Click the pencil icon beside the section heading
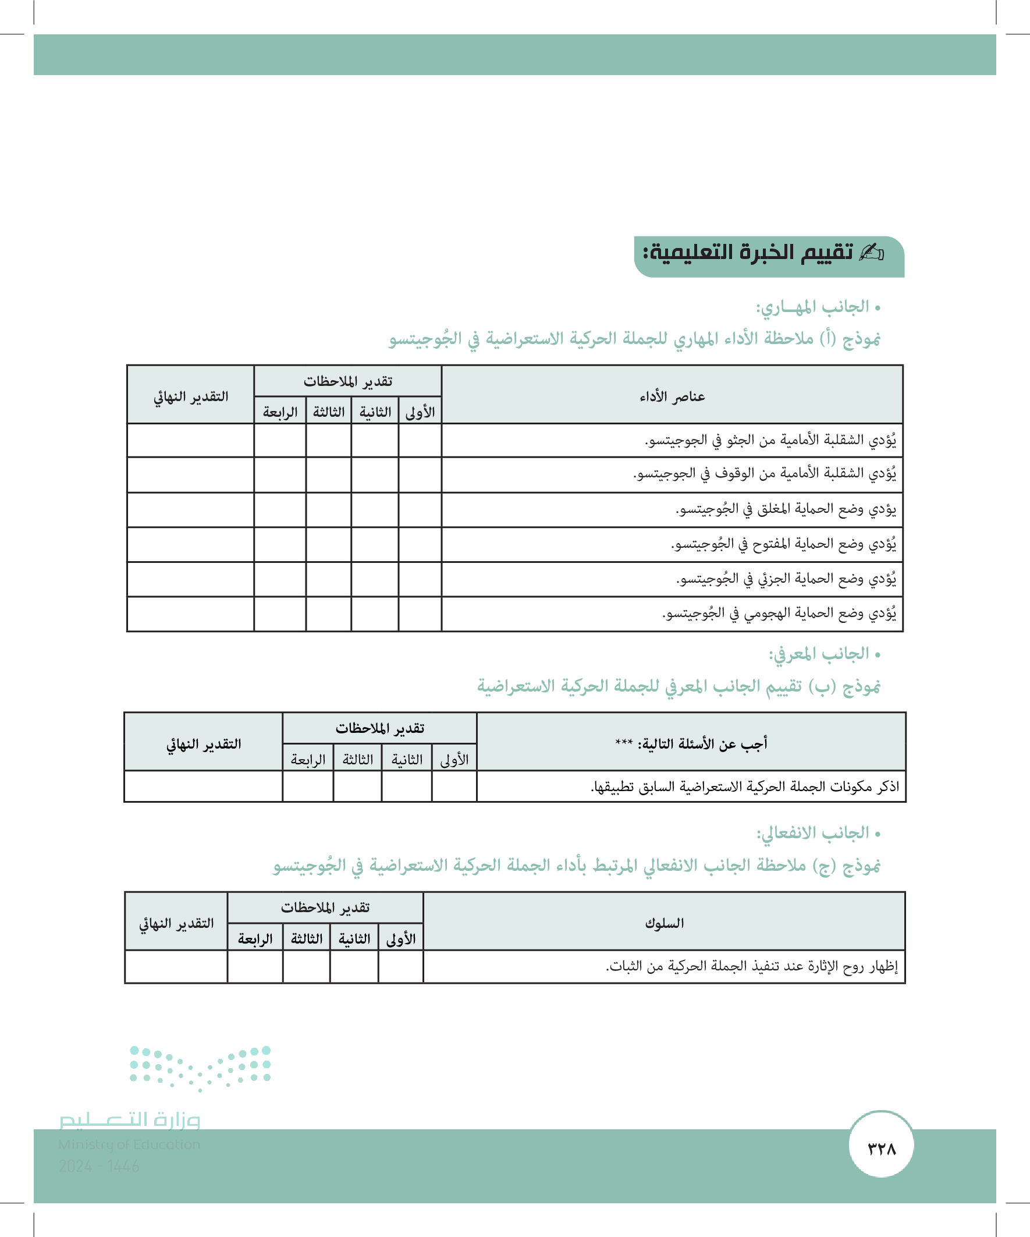872,253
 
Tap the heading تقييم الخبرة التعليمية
748,253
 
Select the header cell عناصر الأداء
672,396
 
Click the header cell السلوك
665,923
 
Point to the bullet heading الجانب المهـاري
813,307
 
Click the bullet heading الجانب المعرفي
819,654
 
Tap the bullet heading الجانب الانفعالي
813,833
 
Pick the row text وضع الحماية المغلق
786,509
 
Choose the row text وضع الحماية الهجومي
779,613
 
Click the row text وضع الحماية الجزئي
786,579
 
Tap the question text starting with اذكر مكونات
745,786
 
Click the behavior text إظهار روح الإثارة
751,966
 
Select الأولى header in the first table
420,412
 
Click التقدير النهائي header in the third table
176,923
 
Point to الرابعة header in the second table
308,759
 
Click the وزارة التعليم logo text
130,1120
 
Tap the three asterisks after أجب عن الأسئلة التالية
624,743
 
